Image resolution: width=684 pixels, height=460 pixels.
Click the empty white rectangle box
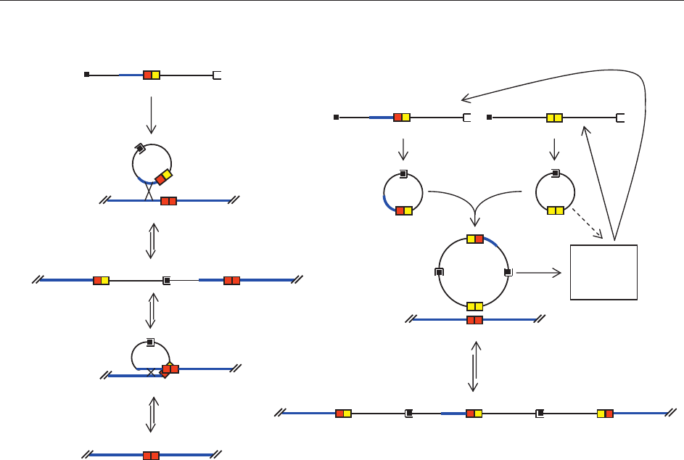(603, 272)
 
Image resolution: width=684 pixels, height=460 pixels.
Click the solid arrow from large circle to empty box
(538, 273)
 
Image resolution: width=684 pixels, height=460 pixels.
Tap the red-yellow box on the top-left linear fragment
(151, 75)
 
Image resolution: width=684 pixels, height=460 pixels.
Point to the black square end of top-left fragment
(86, 75)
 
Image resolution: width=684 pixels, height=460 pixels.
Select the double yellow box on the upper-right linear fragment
(554, 118)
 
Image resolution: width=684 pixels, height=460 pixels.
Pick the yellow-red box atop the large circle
(475, 239)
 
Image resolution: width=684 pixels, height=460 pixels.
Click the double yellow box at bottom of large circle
(475, 306)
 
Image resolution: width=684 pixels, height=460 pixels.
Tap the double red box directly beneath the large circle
(474, 320)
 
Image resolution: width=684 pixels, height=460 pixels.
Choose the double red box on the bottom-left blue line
(151, 456)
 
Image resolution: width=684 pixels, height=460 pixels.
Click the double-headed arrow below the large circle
(474, 366)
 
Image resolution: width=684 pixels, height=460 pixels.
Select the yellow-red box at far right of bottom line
(605, 414)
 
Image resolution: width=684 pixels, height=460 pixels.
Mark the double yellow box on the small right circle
(555, 210)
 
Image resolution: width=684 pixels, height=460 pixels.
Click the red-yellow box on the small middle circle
(403, 210)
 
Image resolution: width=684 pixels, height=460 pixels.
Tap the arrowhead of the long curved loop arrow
(464, 101)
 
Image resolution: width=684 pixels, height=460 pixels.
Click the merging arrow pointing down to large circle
(474, 218)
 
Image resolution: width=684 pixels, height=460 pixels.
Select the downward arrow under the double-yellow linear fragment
(555, 149)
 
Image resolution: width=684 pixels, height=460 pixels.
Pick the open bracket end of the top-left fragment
(216, 75)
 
